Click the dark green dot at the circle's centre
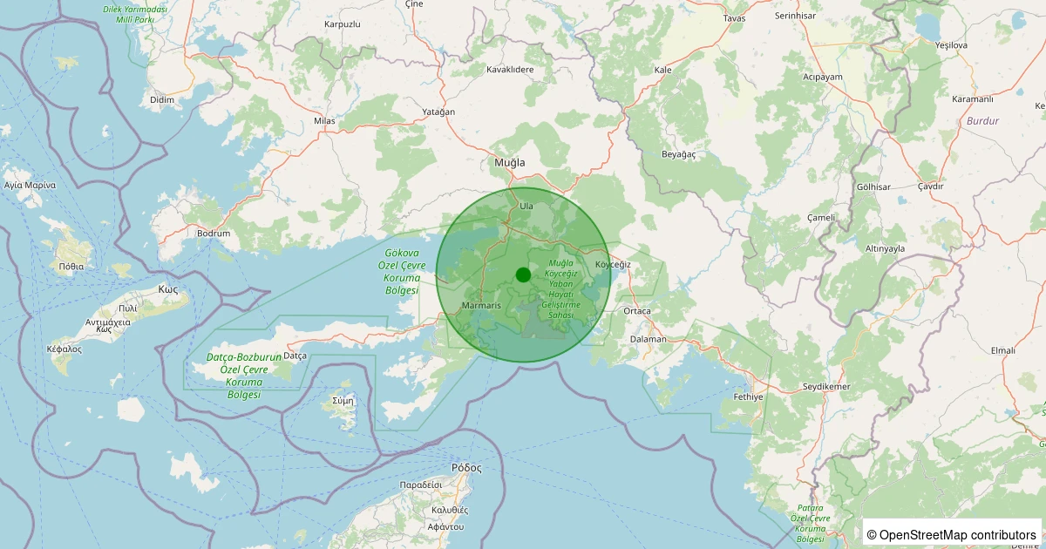[x=523, y=274]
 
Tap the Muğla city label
[x=510, y=163]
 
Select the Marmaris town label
[x=480, y=306]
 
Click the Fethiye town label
[x=748, y=396]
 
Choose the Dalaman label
[x=648, y=339]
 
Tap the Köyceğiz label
[x=612, y=264]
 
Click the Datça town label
[x=295, y=356]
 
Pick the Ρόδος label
[x=466, y=467]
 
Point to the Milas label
[x=324, y=121]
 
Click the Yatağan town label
[x=438, y=112]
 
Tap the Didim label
[x=162, y=100]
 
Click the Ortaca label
[x=637, y=311]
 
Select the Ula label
[x=526, y=206]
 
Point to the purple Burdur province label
[x=982, y=121]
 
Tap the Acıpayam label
[x=823, y=77]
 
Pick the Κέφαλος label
[x=64, y=349]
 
